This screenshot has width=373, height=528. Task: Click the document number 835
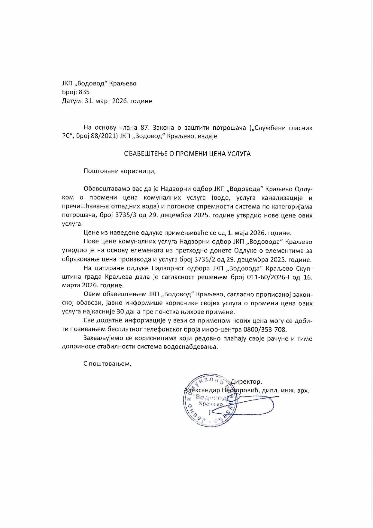tap(84, 92)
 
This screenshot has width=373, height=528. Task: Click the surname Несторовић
tap(241, 391)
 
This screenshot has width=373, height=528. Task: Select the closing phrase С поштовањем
tap(107, 363)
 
